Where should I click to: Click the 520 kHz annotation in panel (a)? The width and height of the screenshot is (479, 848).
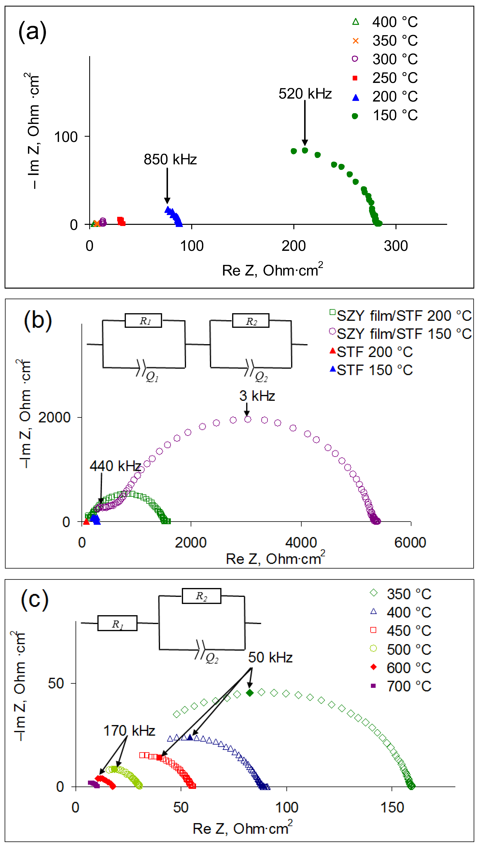[305, 94]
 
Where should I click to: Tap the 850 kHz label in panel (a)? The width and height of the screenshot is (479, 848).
[170, 160]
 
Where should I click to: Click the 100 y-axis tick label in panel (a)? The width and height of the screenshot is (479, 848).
[66, 137]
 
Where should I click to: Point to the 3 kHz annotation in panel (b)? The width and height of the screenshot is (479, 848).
[257, 396]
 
